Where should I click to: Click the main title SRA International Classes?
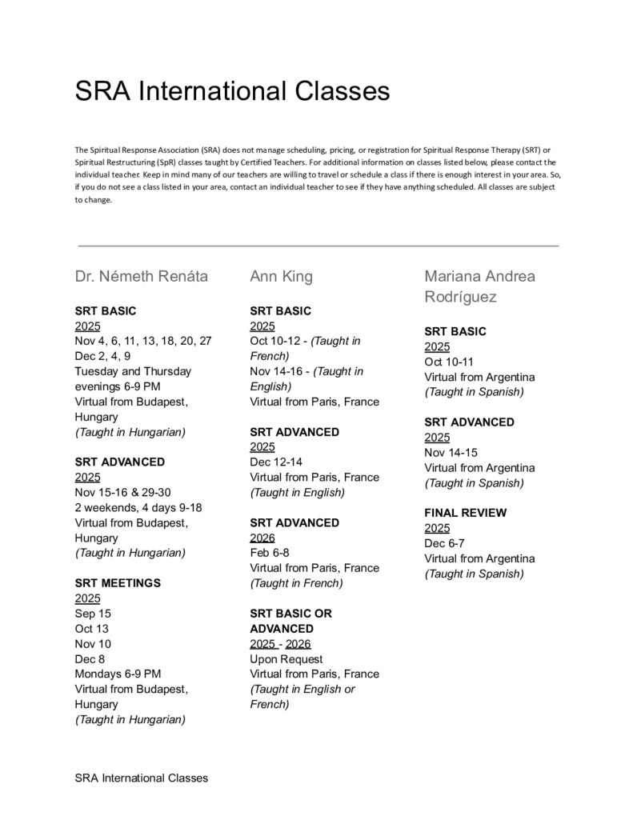click(232, 90)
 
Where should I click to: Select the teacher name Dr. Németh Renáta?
click(142, 277)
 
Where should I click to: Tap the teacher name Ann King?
click(281, 277)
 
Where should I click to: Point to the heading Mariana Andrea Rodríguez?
click(479, 286)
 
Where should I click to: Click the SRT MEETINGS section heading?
click(118, 583)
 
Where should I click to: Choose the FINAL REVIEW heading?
click(465, 513)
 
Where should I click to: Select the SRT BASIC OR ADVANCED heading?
click(290, 621)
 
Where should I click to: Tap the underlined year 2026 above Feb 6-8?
click(262, 538)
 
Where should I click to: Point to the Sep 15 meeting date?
click(93, 614)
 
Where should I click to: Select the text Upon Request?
click(286, 659)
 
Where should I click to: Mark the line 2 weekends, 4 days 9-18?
click(138, 507)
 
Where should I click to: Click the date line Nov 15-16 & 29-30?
click(134, 492)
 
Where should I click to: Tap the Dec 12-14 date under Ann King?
click(276, 462)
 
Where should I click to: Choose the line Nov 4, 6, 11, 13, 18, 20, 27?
click(143, 341)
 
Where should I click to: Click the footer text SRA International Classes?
click(142, 778)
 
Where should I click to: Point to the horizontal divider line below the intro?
click(318, 246)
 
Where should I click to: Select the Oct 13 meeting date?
click(91, 629)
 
